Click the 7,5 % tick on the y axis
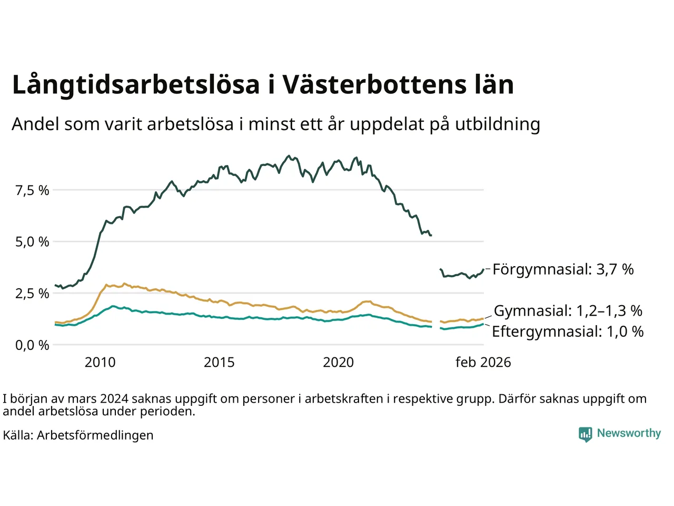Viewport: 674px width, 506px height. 32,190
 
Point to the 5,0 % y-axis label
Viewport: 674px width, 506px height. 32,242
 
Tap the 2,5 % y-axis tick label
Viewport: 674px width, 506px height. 32,294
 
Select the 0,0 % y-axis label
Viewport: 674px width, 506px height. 32,345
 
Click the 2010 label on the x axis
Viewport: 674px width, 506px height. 100,363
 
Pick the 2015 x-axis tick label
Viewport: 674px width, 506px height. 219,363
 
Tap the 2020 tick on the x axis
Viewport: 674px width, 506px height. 338,363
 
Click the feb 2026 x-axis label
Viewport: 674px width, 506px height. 483,363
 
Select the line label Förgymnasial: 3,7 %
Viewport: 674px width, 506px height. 563,269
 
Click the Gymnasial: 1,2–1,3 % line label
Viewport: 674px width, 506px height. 568,311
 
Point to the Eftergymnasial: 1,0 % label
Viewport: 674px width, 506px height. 567,332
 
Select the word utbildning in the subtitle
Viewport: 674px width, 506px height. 498,124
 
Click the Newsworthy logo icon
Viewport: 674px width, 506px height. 585,434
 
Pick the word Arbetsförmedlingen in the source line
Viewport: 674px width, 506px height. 95,435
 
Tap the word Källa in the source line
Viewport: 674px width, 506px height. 18,435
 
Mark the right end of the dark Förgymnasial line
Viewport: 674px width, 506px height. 483,270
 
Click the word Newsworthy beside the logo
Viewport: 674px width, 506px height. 629,433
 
